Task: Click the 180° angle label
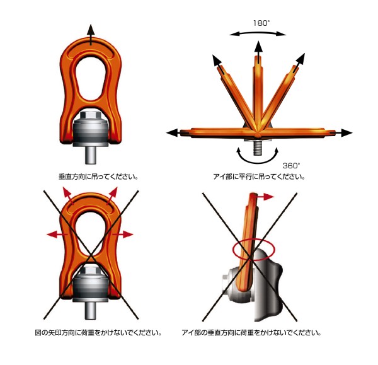point(261,23)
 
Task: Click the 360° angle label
point(291,166)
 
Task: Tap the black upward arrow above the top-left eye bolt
point(91,35)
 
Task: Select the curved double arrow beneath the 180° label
point(258,33)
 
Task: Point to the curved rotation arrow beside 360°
point(258,161)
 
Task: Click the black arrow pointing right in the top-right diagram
point(341,132)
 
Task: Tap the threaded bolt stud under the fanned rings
point(258,148)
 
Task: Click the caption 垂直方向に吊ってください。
point(98,177)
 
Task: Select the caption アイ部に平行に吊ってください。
point(260,177)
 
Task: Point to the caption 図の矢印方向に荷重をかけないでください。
point(98,333)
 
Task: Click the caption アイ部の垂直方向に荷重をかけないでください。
point(251,333)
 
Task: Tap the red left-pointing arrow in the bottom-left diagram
point(57,234)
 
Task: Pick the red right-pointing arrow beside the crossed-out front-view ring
point(123,234)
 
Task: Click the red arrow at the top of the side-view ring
point(265,197)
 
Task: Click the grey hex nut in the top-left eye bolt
point(91,115)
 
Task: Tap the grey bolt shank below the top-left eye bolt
point(91,155)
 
